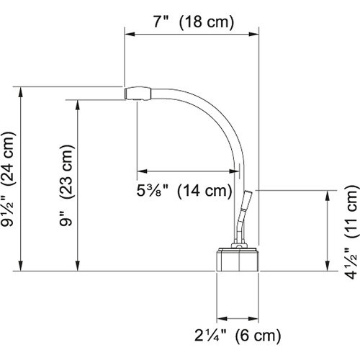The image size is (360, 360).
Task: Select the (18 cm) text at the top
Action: coord(207,22)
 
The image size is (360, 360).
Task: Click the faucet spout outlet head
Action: coord(138,93)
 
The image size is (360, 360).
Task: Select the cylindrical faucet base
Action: coord(238,260)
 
